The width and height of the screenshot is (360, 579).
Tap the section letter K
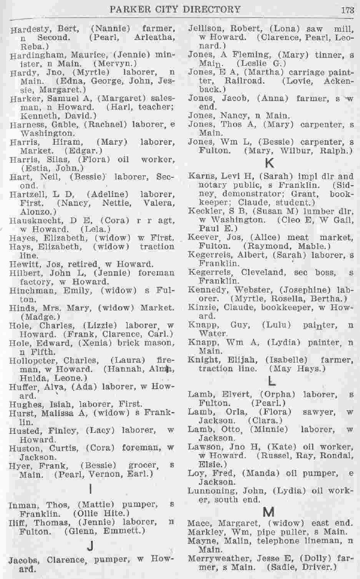269,163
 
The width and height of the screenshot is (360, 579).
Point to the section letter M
269,512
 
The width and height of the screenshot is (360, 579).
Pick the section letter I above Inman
91,489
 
